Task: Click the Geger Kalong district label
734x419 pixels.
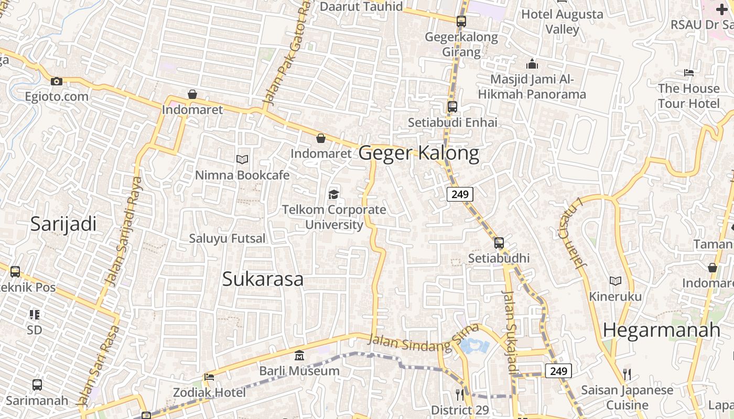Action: pyautogui.click(x=419, y=153)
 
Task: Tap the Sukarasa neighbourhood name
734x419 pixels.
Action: pyautogui.click(x=263, y=279)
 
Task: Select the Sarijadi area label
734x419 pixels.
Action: pyautogui.click(x=63, y=224)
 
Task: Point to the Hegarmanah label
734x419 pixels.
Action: pyautogui.click(x=662, y=330)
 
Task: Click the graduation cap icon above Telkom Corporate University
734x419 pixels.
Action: pyautogui.click(x=333, y=195)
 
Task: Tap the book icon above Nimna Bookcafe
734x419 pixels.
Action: pyautogui.click(x=242, y=159)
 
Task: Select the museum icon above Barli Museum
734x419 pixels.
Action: pyautogui.click(x=299, y=356)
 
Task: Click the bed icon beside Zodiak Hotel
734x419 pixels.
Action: pyautogui.click(x=209, y=377)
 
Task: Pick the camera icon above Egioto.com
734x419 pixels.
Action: pyautogui.click(x=57, y=81)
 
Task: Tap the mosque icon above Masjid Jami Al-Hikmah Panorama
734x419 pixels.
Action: pyautogui.click(x=532, y=64)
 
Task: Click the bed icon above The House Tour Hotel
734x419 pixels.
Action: pyautogui.click(x=689, y=73)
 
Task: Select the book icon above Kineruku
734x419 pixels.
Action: pyautogui.click(x=616, y=281)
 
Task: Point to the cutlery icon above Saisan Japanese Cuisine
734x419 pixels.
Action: pyautogui.click(x=627, y=374)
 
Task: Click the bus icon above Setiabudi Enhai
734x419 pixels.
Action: pyautogui.click(x=452, y=107)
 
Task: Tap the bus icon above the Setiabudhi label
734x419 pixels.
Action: pyautogui.click(x=499, y=243)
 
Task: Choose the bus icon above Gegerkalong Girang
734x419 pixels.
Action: pyautogui.click(x=461, y=21)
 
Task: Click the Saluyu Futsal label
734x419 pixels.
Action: pyautogui.click(x=228, y=238)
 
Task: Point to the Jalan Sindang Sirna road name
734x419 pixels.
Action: pyautogui.click(x=424, y=339)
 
